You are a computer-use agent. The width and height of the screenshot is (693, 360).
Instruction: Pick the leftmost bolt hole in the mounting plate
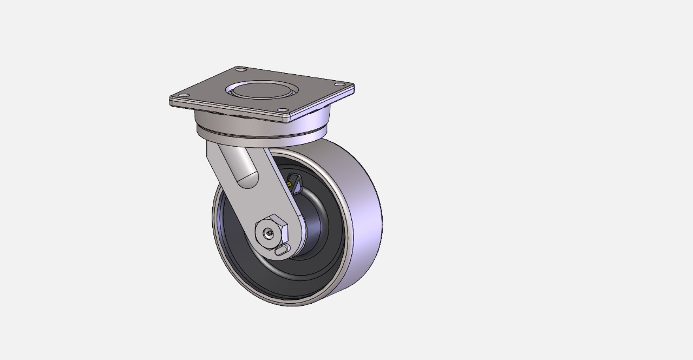pyautogui.click(x=184, y=95)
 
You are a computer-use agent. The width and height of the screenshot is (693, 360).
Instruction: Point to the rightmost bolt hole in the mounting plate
pyautogui.click(x=339, y=84)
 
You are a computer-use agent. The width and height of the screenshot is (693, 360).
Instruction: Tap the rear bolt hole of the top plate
pyautogui.click(x=240, y=69)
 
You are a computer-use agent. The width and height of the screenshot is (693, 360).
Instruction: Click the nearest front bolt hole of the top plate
pyautogui.click(x=283, y=110)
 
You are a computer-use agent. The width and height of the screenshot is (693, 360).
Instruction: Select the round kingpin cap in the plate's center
pyautogui.click(x=262, y=89)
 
